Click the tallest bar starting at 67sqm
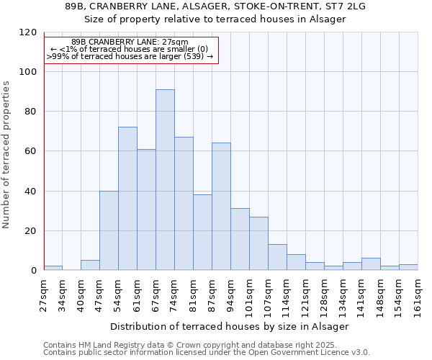tap(165, 180)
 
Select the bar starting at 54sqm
tap(127, 199)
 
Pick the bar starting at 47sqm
tap(109, 230)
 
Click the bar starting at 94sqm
tap(240, 239)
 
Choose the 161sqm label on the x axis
tap(418, 294)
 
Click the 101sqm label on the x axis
tap(249, 294)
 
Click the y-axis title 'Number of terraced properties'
tap(6, 154)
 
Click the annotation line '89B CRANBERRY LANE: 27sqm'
tap(130, 42)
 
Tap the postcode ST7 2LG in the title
tap(347, 6)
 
